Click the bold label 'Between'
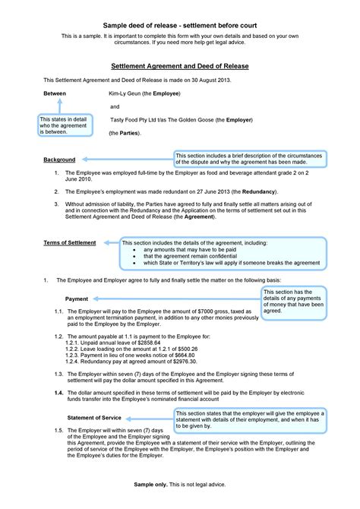click(x=55, y=93)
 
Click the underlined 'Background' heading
click(x=59, y=160)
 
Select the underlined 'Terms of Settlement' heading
click(x=69, y=242)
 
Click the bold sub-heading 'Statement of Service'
click(x=94, y=417)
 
